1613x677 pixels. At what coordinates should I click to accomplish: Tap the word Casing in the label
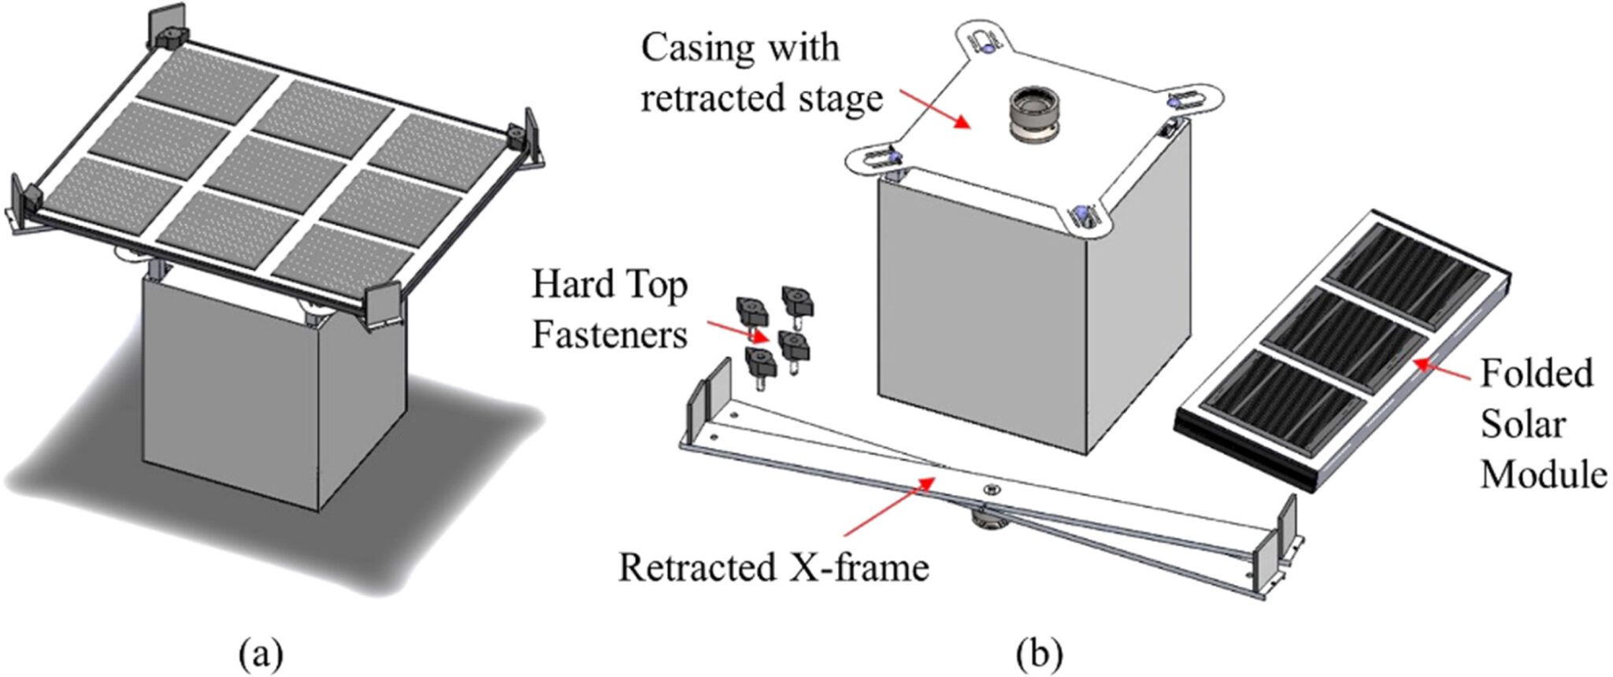pyautogui.click(x=698, y=49)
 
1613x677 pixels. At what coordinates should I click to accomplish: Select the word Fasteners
pyautogui.click(x=610, y=335)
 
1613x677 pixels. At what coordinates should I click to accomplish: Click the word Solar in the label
pyautogui.click(x=1522, y=425)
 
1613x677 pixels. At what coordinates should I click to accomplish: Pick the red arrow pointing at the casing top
pyautogui.click(x=933, y=107)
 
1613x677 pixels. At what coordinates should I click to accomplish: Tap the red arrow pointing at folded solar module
pyautogui.click(x=1441, y=371)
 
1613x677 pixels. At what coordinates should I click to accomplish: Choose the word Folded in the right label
pyautogui.click(x=1536, y=374)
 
